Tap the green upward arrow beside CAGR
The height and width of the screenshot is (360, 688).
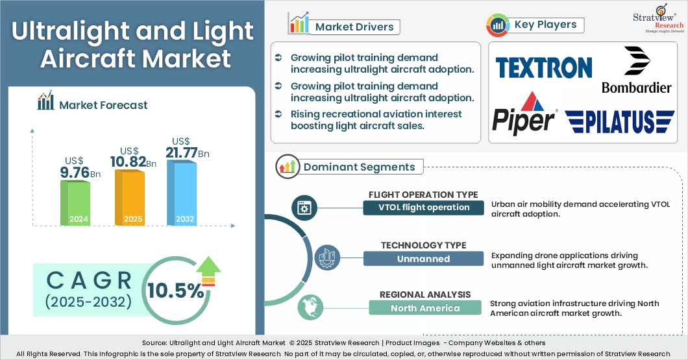(x=208, y=270)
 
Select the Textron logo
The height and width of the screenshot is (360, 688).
(x=543, y=67)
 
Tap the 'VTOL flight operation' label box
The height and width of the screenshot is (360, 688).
(x=423, y=208)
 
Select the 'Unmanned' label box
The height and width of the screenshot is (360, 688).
(x=423, y=258)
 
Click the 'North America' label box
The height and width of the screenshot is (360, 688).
(x=425, y=308)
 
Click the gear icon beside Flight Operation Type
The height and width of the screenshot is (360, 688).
(x=303, y=208)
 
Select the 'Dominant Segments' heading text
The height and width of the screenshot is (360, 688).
(x=359, y=167)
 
